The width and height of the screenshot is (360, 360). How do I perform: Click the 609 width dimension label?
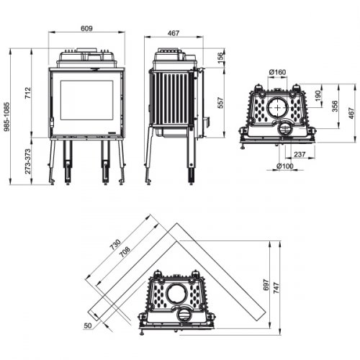point(87,29)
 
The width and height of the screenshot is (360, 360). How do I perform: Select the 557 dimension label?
point(221,103)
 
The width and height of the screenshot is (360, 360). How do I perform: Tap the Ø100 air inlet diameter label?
point(286,167)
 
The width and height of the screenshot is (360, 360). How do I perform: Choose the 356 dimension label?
point(335,106)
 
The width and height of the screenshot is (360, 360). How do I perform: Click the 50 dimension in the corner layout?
point(88,325)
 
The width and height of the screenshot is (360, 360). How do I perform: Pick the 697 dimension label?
point(264,286)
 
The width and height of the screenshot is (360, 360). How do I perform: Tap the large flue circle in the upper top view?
point(277,107)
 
